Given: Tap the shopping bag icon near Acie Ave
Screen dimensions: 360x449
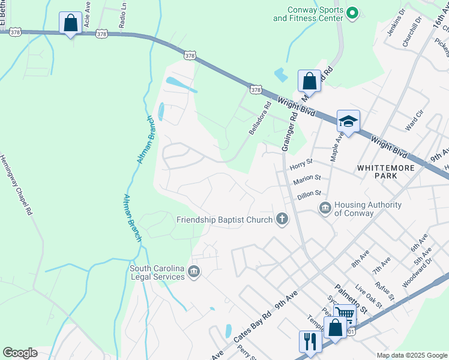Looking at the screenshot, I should click(x=70, y=23).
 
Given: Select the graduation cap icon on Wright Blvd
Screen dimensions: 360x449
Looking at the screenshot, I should click(x=348, y=121).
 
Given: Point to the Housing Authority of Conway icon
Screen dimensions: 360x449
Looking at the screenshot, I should click(x=325, y=208).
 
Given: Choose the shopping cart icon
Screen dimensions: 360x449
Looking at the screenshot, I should click(x=345, y=314).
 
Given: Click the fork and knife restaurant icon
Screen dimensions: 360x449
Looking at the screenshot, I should click(x=310, y=341).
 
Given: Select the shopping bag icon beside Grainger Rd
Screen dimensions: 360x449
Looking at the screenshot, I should click(x=309, y=80).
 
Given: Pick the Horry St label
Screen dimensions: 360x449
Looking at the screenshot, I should click(x=301, y=162).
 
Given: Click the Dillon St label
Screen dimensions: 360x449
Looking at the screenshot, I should click(x=310, y=194).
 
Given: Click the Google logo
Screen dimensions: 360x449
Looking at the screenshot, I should click(x=20, y=353).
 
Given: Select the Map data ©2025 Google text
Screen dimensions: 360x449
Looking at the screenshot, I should click(x=411, y=355).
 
